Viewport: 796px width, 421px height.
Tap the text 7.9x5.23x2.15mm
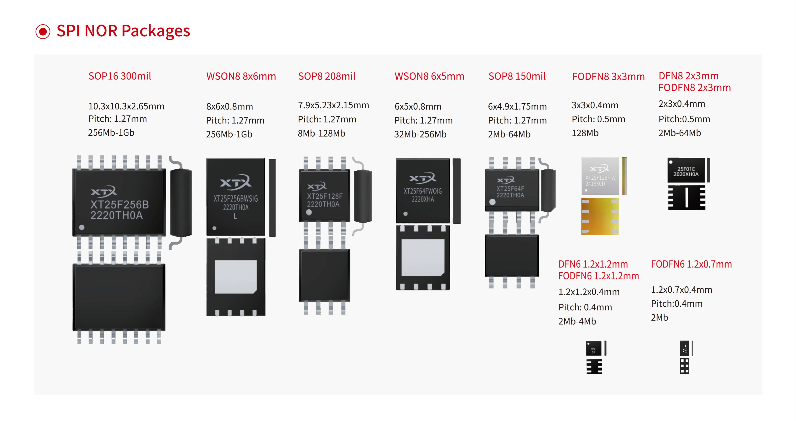(333, 105)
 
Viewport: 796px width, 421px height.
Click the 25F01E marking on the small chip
(686, 169)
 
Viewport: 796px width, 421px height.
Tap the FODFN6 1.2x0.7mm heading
(691, 264)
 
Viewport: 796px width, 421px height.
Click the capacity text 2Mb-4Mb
(577, 321)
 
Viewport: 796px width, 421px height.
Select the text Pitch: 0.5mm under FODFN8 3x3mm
(598, 119)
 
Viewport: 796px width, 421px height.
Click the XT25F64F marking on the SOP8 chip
(510, 188)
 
